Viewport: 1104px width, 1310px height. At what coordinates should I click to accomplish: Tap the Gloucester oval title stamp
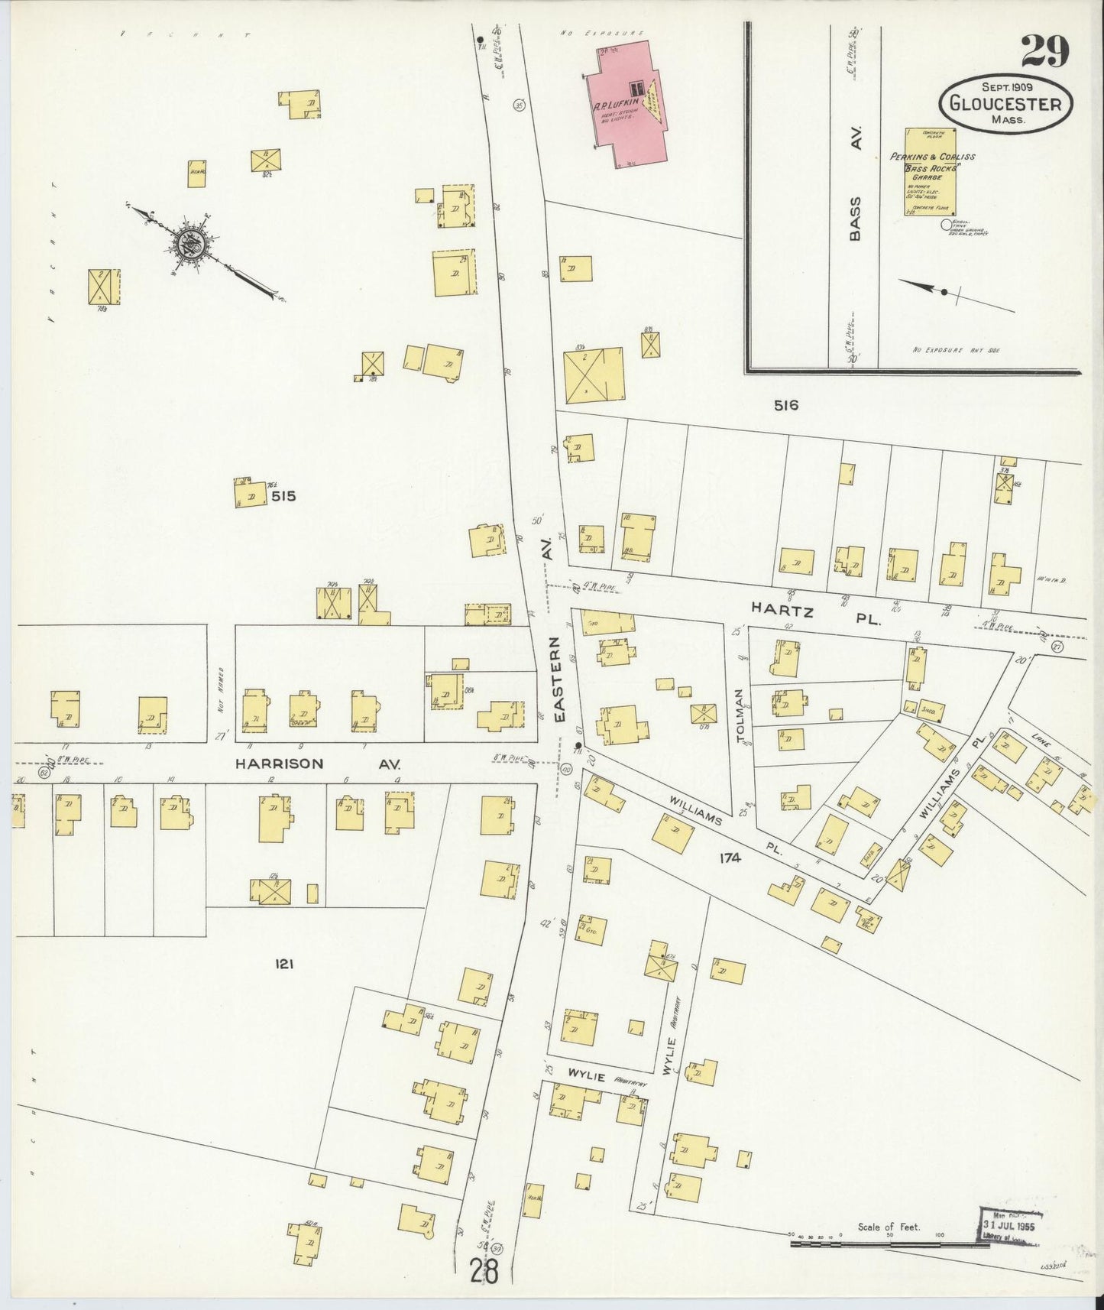[1005, 105]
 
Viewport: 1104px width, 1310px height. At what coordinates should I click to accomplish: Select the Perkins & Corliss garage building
[930, 172]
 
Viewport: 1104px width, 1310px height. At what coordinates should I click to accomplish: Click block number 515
[283, 496]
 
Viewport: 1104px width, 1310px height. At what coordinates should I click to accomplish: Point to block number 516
[785, 406]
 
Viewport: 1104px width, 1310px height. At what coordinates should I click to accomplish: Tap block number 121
[284, 965]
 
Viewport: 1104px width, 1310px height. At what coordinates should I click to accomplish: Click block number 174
[730, 858]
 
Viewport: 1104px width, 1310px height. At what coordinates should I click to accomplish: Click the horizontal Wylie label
[586, 1078]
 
